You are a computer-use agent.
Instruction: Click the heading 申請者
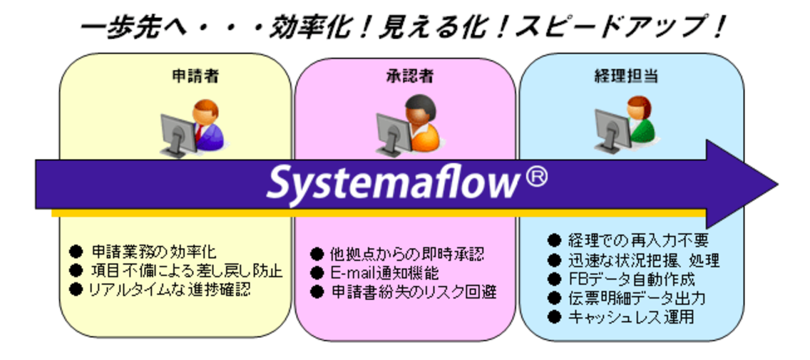pos(195,75)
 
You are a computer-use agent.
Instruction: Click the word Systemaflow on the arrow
pos(390,183)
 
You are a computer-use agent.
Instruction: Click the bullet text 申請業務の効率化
pos(153,252)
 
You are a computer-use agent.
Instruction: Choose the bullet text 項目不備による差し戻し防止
pos(186,271)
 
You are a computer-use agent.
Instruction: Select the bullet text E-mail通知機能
pos(384,273)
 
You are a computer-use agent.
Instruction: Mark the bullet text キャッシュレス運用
pos(630,317)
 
